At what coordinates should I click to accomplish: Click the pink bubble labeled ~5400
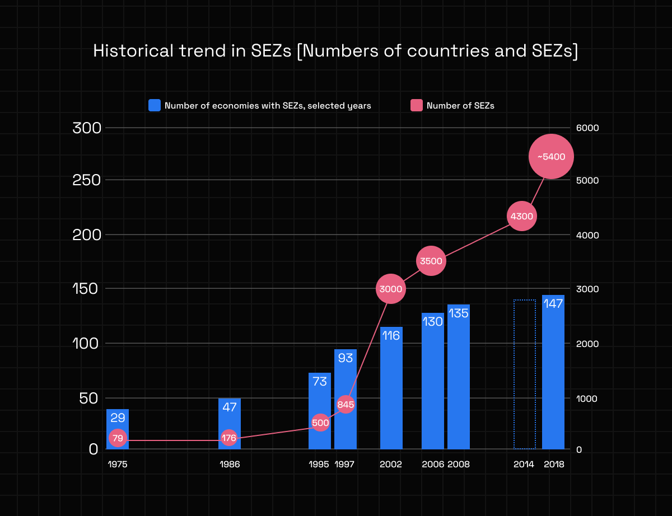coord(551,157)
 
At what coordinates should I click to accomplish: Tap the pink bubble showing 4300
coord(521,216)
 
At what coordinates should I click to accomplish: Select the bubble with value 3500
coord(431,261)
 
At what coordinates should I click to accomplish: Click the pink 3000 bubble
coord(391,289)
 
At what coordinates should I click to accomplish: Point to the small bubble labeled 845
coord(346,404)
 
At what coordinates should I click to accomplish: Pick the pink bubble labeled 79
coord(118,438)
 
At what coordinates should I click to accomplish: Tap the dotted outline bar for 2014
coord(525,374)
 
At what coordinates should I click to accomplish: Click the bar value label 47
coord(230,407)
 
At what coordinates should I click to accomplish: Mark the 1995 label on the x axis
coord(319,465)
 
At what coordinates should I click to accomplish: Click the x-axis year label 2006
coord(433,465)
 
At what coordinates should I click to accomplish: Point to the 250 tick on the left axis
coord(87,180)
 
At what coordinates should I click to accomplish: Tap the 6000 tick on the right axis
coord(588,128)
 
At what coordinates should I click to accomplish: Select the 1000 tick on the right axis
coord(588,398)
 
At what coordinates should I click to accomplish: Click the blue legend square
coord(155,105)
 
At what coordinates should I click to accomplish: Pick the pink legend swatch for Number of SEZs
coord(417,105)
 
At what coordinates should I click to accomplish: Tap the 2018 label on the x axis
coord(553,465)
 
